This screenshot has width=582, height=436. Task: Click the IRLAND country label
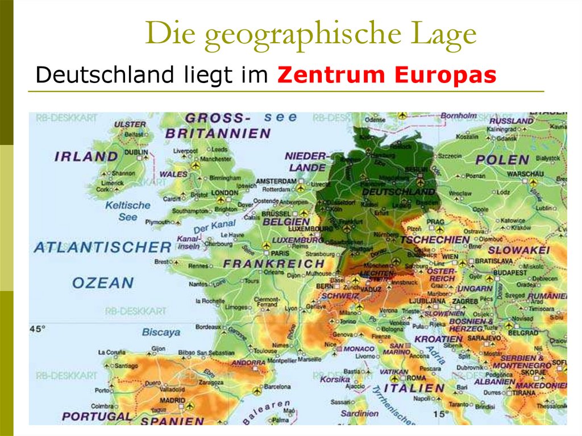point(86,156)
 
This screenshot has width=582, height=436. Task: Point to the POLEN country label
point(502,160)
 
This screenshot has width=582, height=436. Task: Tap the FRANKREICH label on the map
point(273,264)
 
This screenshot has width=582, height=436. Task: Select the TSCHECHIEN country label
point(435,240)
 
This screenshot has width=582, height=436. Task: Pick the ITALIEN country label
point(414,388)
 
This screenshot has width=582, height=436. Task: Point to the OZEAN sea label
point(103,283)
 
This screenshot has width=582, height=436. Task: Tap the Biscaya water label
point(161,332)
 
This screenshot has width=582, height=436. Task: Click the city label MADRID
point(172,400)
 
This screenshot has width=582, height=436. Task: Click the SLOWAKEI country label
point(518,250)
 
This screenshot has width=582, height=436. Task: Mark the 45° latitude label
point(37,329)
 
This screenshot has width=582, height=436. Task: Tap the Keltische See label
point(128,211)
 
